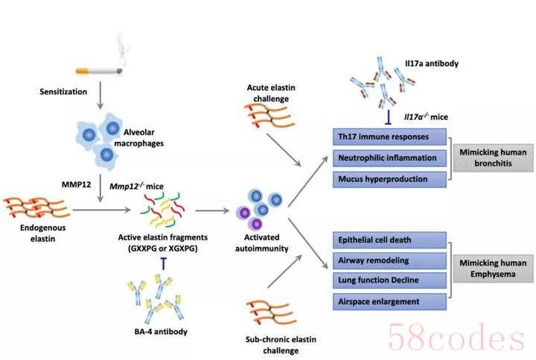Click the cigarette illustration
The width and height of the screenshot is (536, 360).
99,71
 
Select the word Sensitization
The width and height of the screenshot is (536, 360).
63,91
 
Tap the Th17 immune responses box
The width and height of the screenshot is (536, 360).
389,137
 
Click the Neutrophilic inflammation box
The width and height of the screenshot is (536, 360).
389,158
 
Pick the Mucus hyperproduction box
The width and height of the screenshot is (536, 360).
389,179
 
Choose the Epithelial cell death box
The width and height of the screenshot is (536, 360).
389,240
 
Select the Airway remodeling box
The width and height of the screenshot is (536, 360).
389,260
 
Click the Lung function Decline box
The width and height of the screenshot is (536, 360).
389,280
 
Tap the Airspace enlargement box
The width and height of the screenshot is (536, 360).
389,301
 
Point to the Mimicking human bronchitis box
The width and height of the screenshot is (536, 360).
493,158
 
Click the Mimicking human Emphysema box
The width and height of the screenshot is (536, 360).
493,269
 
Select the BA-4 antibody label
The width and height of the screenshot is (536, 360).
161,331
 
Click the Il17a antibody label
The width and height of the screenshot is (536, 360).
431,63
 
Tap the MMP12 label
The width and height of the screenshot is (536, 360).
76,184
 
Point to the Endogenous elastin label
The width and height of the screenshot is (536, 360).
42,233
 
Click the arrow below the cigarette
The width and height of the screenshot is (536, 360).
100,95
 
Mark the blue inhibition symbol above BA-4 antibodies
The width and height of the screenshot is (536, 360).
164,263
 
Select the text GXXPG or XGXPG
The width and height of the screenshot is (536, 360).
163,248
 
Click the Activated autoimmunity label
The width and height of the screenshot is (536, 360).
261,242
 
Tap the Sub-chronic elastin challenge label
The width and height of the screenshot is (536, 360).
281,345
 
